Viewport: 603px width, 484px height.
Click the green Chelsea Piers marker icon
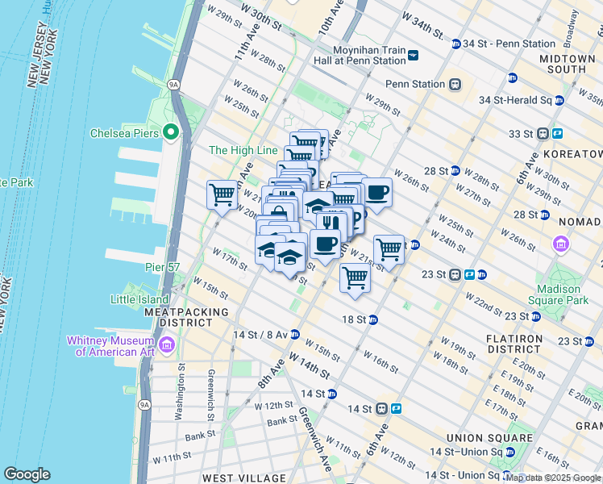170,132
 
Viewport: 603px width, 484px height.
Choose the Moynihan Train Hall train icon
414,55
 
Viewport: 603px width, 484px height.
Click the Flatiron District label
514,344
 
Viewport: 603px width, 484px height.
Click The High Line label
243,150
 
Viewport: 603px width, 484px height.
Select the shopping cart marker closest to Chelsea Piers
222,194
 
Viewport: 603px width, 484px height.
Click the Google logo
27,474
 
